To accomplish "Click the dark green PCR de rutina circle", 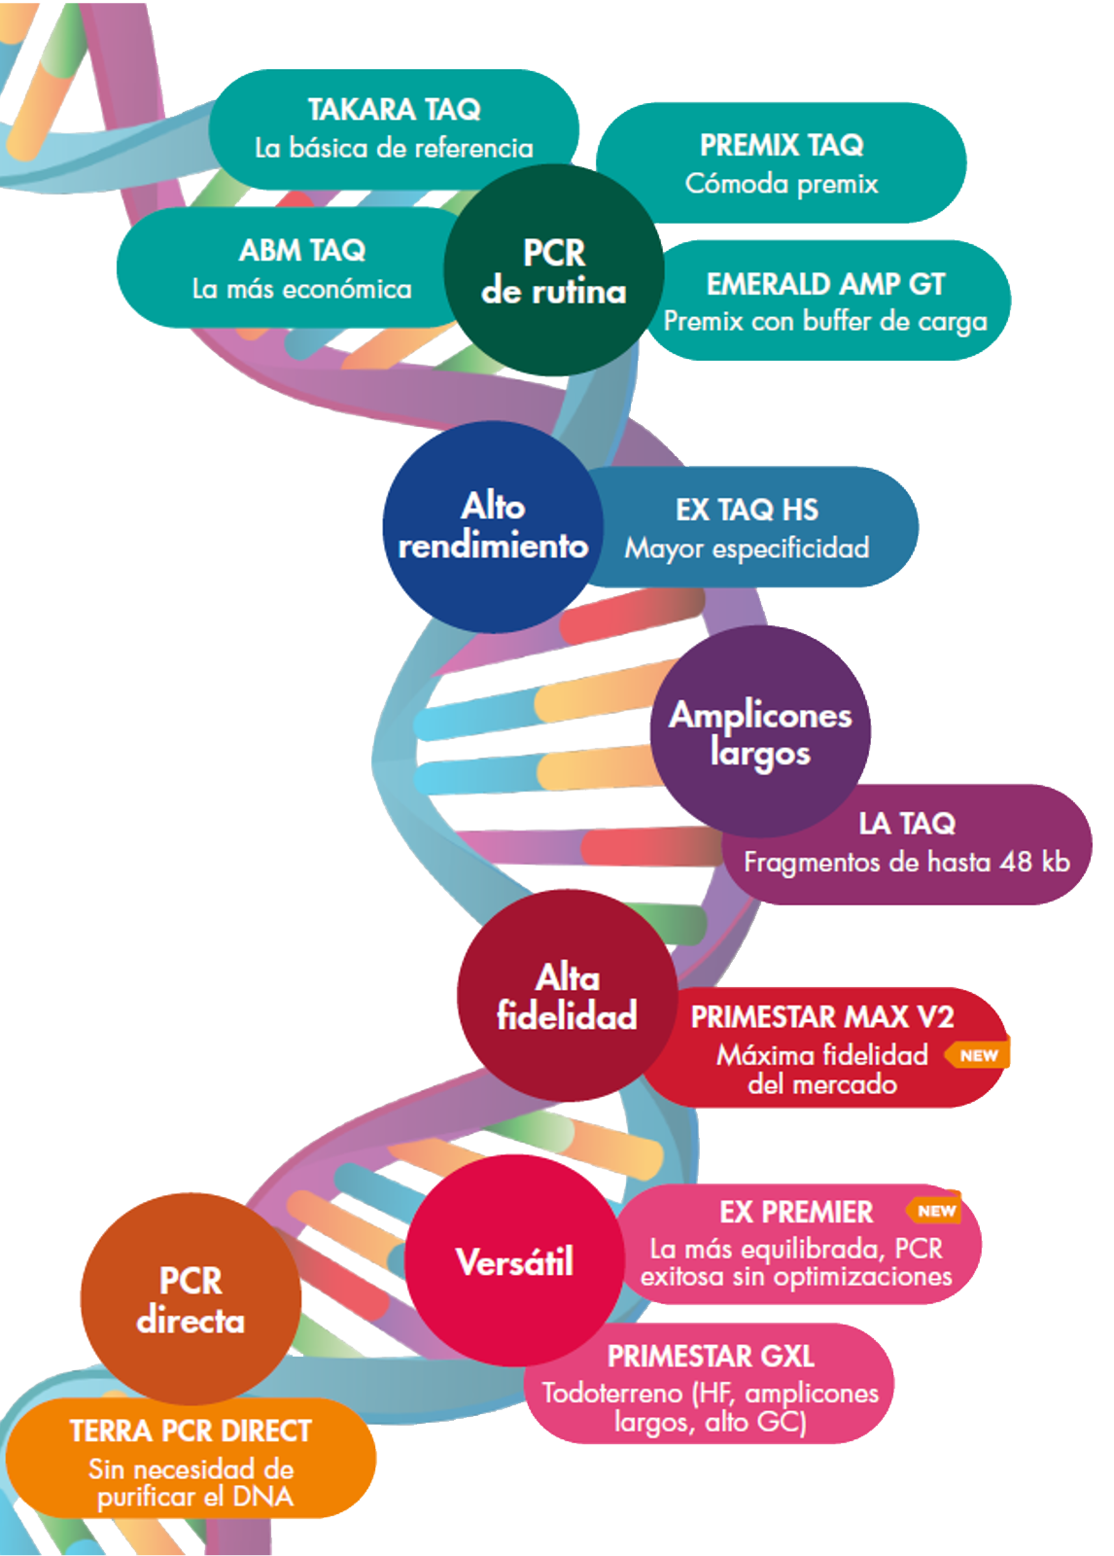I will [553, 270].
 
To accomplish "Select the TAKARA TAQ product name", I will [394, 109].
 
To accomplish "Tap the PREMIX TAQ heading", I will [782, 145].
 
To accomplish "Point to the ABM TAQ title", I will [302, 250].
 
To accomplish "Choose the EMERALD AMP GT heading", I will [825, 284].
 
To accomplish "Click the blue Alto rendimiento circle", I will [493, 526].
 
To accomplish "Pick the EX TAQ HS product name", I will [747, 510].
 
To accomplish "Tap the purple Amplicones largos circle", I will [760, 731].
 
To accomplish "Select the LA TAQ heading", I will [907, 824].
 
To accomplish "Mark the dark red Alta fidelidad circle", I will [568, 996].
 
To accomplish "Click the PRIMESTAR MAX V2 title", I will [822, 1017].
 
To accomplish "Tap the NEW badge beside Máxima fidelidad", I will [978, 1055].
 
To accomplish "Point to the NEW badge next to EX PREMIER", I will [935, 1211].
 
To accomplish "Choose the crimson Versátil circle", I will [514, 1261].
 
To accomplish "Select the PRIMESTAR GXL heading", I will [711, 1356].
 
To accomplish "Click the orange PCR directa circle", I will [191, 1299].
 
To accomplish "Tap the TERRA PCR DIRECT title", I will [191, 1431].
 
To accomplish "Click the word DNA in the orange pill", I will [263, 1497].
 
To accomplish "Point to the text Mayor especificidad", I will [747, 548].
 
